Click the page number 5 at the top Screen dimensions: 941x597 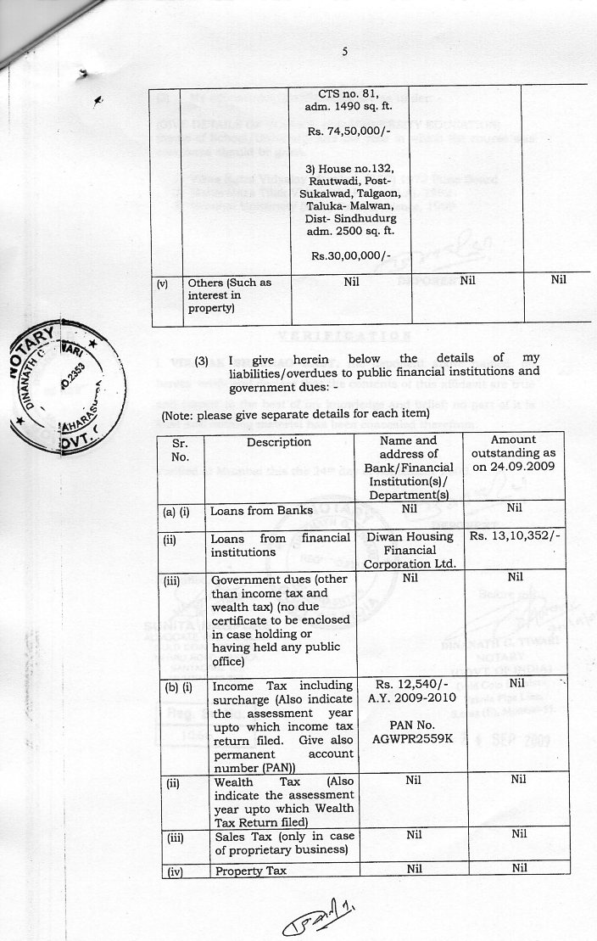(x=345, y=52)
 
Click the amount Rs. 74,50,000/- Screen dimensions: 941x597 (x=348, y=132)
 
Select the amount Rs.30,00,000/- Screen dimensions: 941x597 (x=349, y=255)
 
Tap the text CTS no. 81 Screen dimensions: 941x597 (x=348, y=93)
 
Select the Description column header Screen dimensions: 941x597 (x=279, y=442)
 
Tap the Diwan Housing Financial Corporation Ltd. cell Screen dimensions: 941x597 (x=411, y=549)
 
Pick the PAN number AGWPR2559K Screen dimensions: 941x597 (x=410, y=739)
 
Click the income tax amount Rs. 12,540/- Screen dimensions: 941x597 (x=410, y=685)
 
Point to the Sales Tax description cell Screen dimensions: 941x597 (x=282, y=842)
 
